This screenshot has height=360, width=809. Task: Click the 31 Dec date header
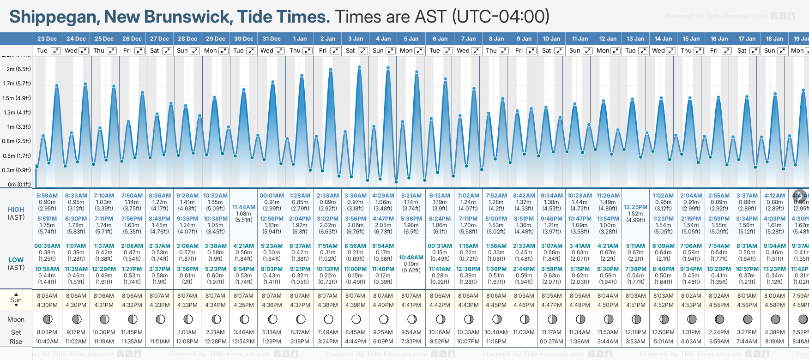pyautogui.click(x=272, y=39)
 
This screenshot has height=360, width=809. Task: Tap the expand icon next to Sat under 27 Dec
pyautogui.click(x=167, y=51)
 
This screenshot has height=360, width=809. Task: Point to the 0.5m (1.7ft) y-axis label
pyautogui.click(x=17, y=156)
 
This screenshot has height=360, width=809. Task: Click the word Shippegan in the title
pyautogui.click(x=53, y=17)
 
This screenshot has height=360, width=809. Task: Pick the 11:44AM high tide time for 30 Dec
pyautogui.click(x=244, y=207)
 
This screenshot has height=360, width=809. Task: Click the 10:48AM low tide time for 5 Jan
pyautogui.click(x=411, y=258)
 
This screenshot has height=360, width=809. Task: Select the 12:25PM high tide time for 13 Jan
pyautogui.click(x=635, y=207)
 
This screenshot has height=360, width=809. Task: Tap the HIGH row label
pyautogui.click(x=16, y=210)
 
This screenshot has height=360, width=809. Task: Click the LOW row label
pyautogui.click(x=16, y=260)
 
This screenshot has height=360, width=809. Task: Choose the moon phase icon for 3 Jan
pyautogui.click(x=356, y=319)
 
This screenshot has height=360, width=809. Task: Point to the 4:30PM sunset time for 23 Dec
pyautogui.click(x=47, y=305)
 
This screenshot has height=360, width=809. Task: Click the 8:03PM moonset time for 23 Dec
pyautogui.click(x=47, y=332)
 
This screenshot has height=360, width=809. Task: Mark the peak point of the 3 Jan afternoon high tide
pyautogui.click(x=359, y=67)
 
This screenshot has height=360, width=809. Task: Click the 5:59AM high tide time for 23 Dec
pyautogui.click(x=47, y=196)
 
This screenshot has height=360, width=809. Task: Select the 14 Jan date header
pyautogui.click(x=663, y=39)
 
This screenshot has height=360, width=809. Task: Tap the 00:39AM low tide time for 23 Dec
pyautogui.click(x=47, y=246)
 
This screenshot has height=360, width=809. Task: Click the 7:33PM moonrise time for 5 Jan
pyautogui.click(x=411, y=342)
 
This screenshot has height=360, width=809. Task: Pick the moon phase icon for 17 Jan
pyautogui.click(x=748, y=319)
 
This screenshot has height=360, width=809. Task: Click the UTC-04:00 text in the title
pyautogui.click(x=501, y=17)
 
